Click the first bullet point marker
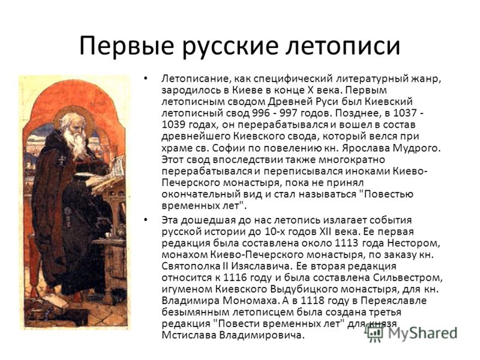click(x=145, y=79)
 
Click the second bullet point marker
click(x=145, y=220)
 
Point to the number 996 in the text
click(x=262, y=113)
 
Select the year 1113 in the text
click(x=347, y=243)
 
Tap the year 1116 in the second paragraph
click(x=235, y=278)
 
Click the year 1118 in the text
click(x=312, y=301)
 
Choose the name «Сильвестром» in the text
click(x=408, y=278)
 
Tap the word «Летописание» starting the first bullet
click(x=196, y=79)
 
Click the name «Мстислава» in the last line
click(x=189, y=335)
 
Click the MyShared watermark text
click(x=422, y=333)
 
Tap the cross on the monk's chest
click(x=63, y=159)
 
